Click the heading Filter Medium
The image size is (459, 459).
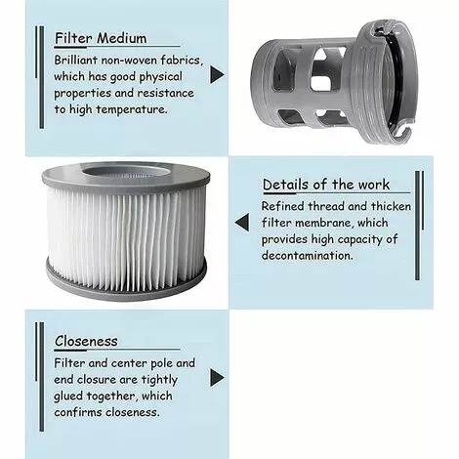click(101, 39)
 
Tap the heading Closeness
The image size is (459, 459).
click(86, 341)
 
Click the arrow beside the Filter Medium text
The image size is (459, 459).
click(217, 74)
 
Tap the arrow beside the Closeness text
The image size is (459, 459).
click(217, 377)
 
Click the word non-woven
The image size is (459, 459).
click(144, 61)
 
